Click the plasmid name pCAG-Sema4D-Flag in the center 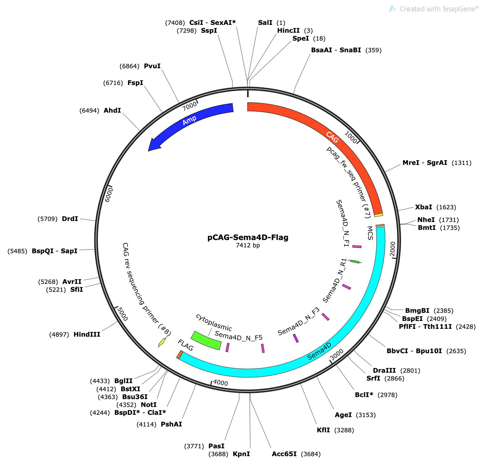(248, 237)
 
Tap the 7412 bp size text (248, 245)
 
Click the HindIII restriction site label (87, 334)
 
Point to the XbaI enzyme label (423, 207)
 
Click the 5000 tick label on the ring (123, 314)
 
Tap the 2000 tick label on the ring (393, 249)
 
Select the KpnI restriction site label (241, 454)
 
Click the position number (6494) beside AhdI (89, 111)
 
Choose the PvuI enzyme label (152, 66)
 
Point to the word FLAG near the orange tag (186, 345)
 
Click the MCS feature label (370, 233)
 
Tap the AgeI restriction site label (343, 415)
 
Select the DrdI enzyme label (70, 219)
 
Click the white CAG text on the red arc (332, 137)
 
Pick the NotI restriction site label (149, 405)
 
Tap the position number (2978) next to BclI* (388, 395)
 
